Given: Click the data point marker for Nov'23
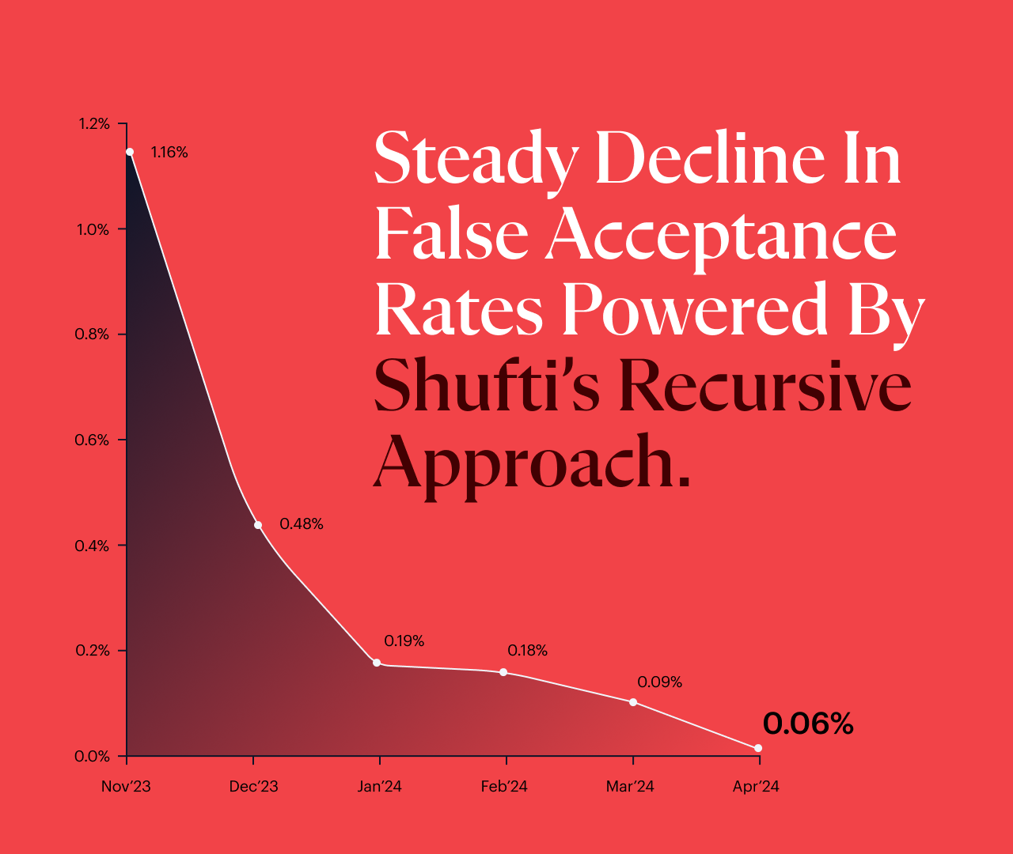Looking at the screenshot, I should pos(130,152).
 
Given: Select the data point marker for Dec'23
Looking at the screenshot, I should pos(258,525).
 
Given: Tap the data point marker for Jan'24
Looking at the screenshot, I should pos(377,663).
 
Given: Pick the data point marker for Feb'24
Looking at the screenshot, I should pos(503,672).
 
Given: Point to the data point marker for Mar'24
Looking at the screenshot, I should pos(633,702).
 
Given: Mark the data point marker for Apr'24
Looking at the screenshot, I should pos(758,748).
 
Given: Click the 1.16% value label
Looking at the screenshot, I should pos(169,153).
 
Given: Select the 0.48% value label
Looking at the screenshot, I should pos(302,524).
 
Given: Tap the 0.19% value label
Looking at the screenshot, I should pos(404,641).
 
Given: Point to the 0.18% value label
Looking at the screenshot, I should pos(527,651).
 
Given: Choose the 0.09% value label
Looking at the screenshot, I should pos(659,682).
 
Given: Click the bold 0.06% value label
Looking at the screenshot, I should pos(808,724).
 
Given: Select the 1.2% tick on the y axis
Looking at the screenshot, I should pos(93,124).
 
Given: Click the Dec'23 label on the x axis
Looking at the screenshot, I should pos(253,787).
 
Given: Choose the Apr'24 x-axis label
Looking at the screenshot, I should pos(756,787).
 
